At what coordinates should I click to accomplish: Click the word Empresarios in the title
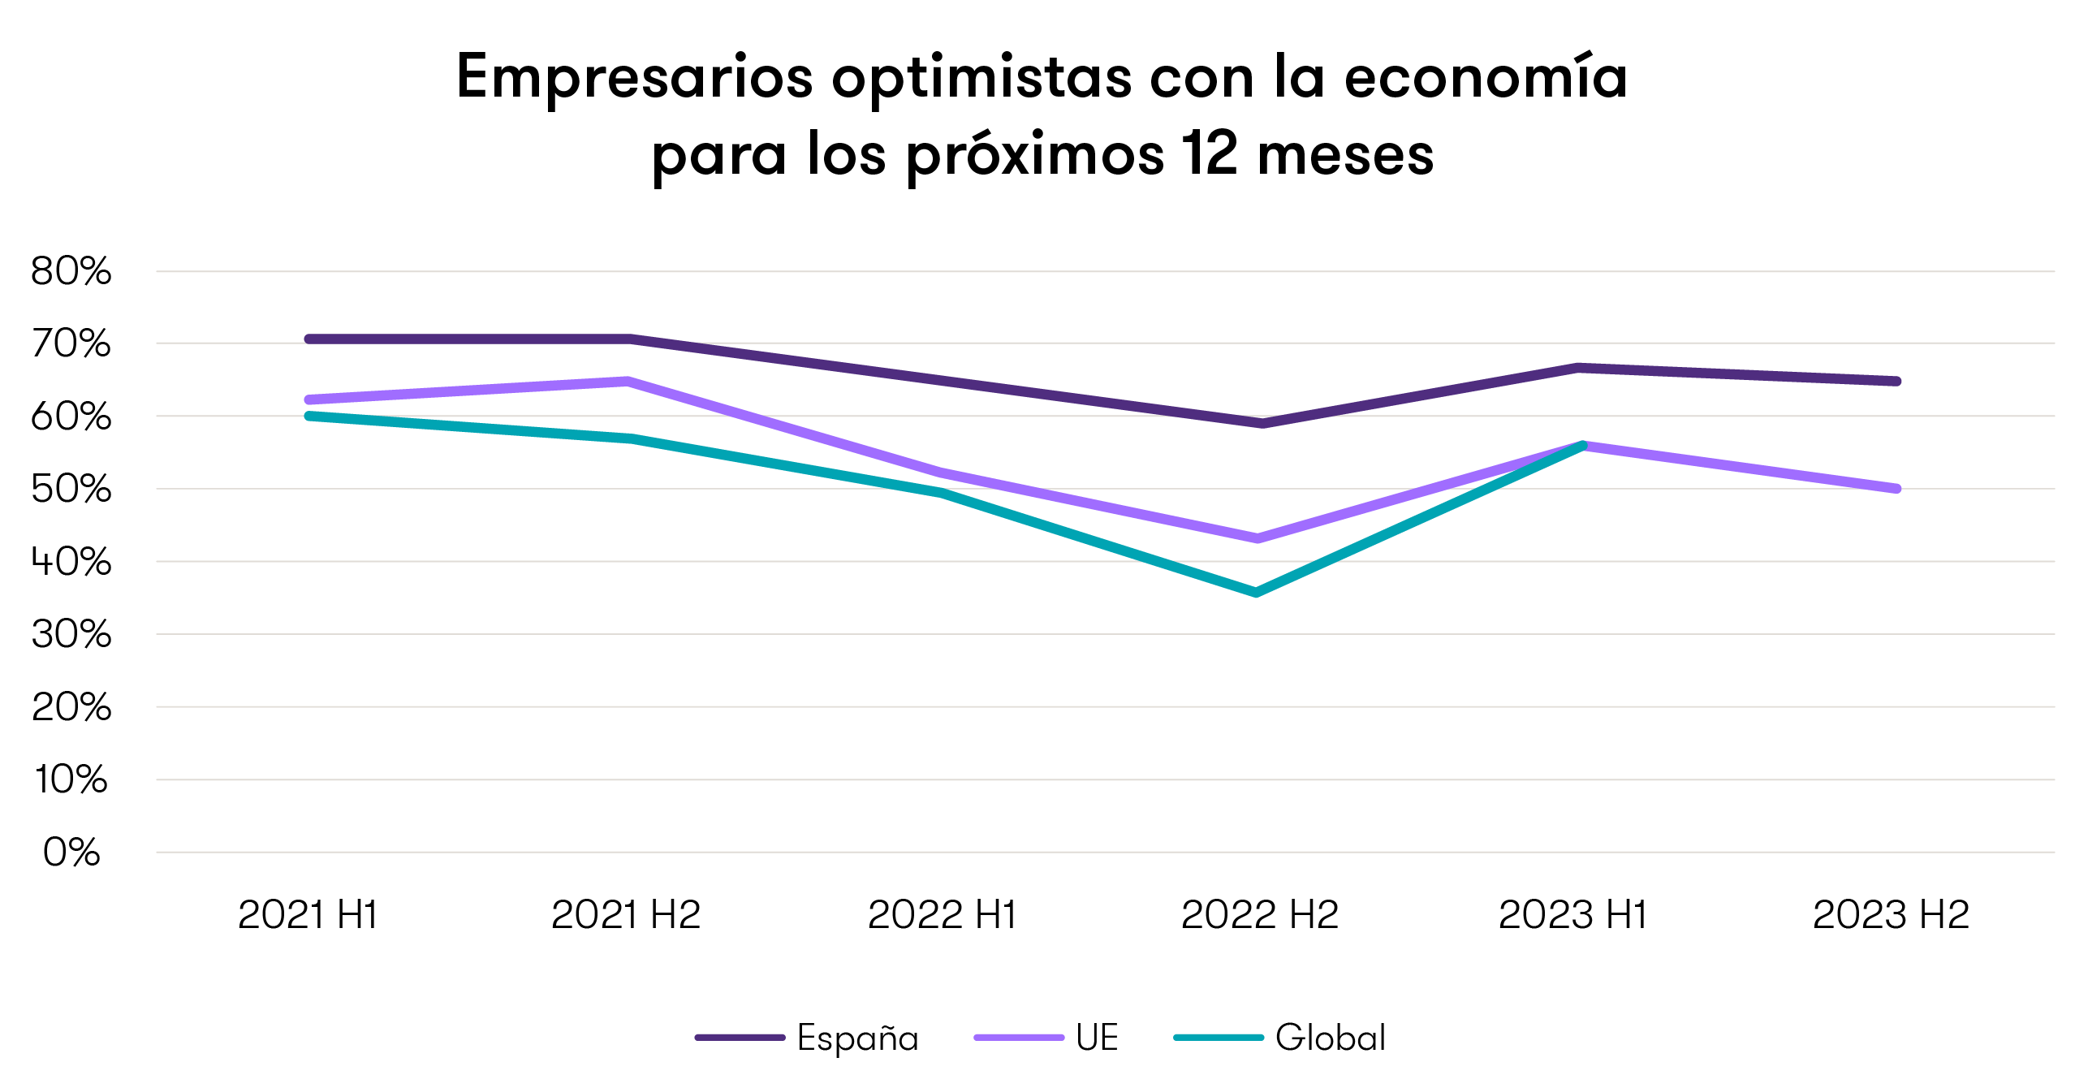634,78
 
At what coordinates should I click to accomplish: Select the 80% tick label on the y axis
71,271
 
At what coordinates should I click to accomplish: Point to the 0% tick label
71,853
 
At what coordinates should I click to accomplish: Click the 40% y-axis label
71,562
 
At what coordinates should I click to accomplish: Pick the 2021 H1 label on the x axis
308,915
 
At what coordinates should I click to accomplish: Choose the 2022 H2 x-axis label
1259,915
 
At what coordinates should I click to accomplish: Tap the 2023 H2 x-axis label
1891,915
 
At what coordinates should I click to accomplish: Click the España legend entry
857,1038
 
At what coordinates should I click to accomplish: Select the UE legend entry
1096,1038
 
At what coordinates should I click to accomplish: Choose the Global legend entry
1330,1038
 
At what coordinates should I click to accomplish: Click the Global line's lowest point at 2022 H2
1257,593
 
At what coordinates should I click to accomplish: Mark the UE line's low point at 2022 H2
1258,538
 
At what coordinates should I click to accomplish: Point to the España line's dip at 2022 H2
1261,423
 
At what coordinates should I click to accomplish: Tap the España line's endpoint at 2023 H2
1896,381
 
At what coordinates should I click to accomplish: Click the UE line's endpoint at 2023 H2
1896,489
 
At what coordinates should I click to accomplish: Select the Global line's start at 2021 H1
309,416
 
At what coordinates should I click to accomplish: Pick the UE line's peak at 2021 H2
627,381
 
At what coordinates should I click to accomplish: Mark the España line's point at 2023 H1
1579,368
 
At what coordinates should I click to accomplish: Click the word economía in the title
1486,78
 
